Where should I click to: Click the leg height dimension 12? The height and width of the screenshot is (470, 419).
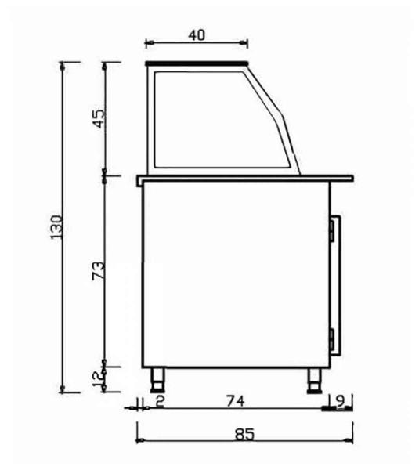(x=99, y=379)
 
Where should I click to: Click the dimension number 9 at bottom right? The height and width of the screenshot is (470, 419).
(x=339, y=400)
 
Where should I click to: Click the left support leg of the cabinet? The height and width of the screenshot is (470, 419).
(x=159, y=379)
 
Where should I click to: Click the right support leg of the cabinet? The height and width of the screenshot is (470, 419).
(x=312, y=379)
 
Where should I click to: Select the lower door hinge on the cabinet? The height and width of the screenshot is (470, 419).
(x=332, y=338)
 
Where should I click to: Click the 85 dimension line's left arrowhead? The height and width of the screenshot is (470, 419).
(x=140, y=424)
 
